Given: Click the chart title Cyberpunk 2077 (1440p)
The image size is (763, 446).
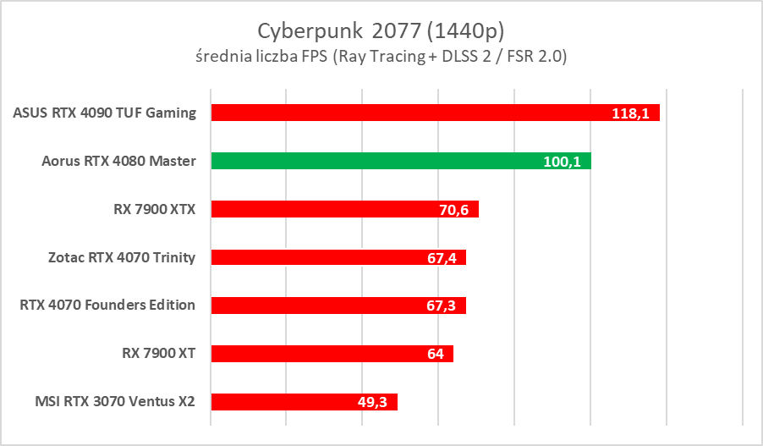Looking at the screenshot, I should click(381, 30).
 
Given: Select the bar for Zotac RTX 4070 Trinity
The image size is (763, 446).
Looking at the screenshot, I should click(338, 257).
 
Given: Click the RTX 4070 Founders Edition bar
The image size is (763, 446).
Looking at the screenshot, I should click(338, 306).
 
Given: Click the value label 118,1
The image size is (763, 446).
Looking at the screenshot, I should click(631, 113).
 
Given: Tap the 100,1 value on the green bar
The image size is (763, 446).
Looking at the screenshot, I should click(562, 162).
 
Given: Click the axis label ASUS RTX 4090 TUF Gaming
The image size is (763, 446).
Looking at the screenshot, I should click(105, 113).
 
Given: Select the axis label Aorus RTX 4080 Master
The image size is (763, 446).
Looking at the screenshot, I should click(118, 161).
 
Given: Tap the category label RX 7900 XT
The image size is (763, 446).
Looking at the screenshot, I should click(159, 354).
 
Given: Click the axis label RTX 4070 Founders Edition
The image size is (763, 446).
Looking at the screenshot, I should click(107, 306).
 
